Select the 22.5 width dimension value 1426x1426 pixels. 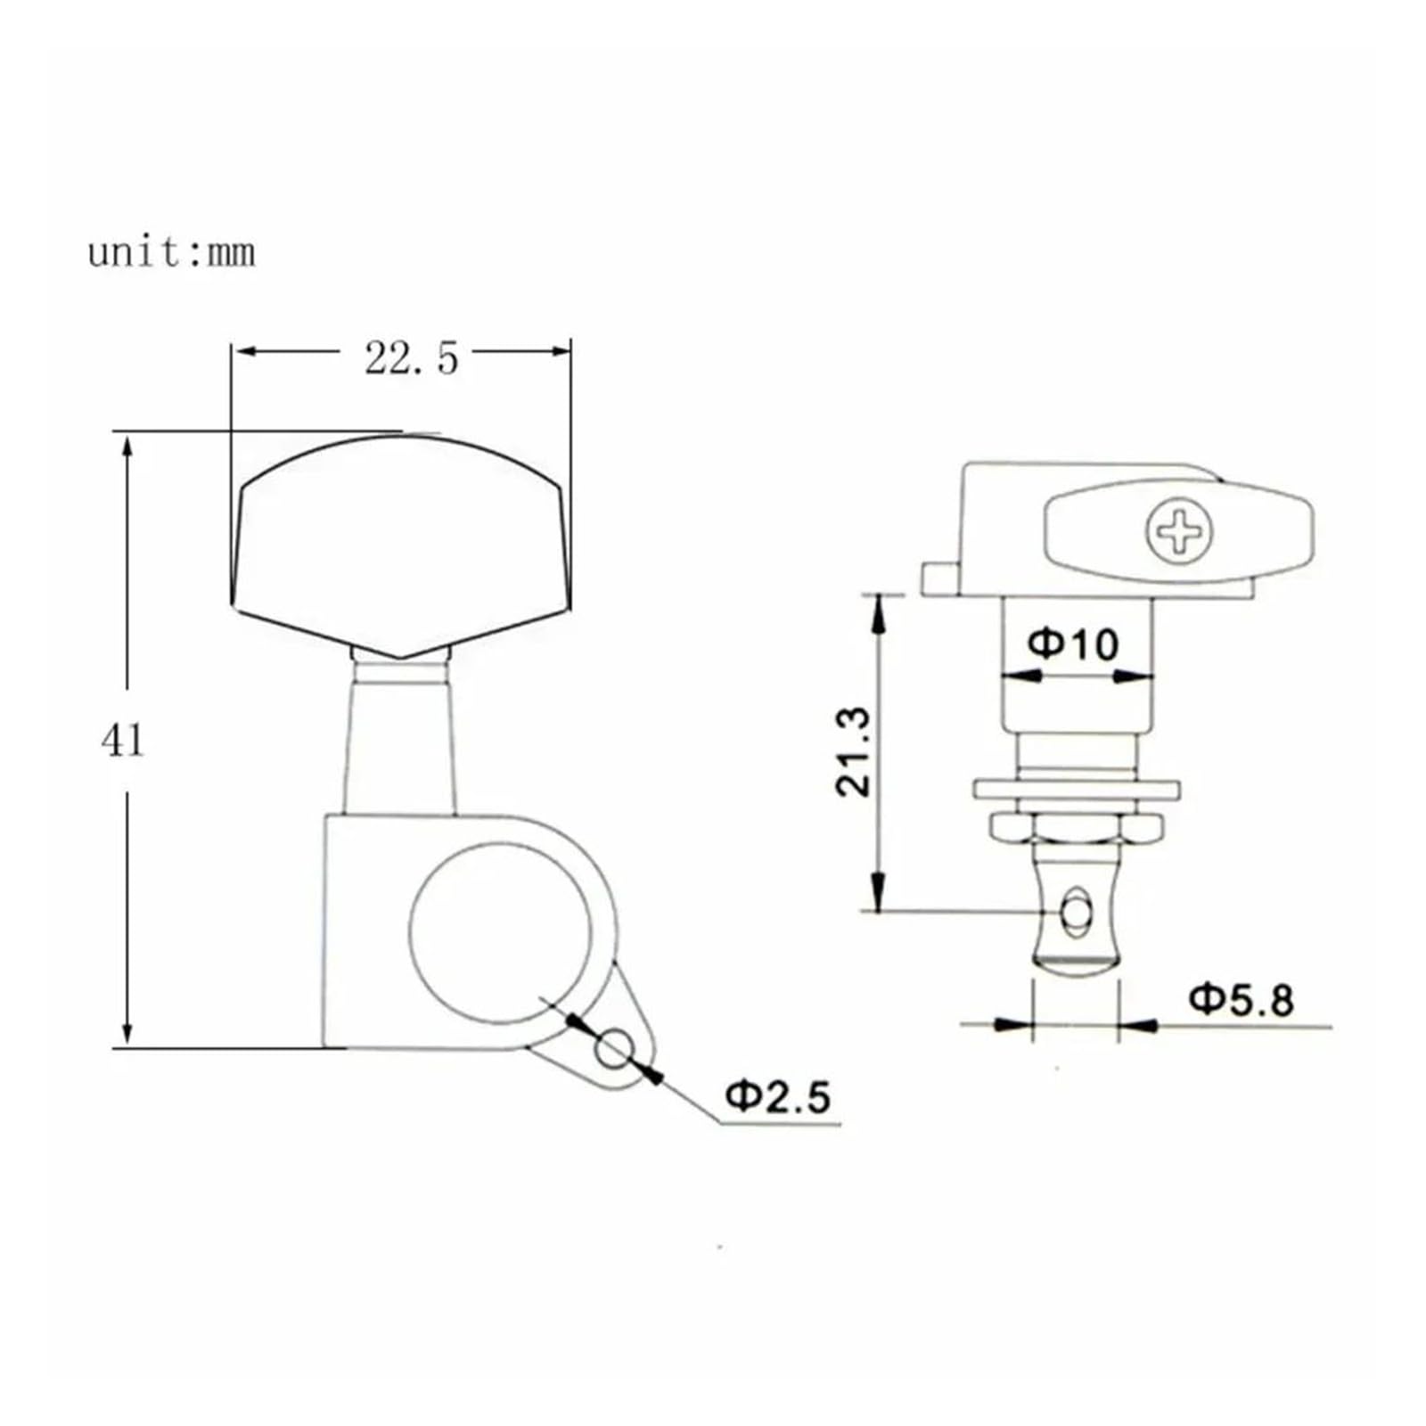tap(411, 358)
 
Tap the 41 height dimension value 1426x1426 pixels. tap(122, 741)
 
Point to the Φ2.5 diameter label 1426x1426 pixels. tap(778, 1095)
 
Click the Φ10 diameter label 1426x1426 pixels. tap(1073, 643)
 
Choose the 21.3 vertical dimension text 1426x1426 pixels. tap(853, 751)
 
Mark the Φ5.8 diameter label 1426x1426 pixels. tap(1242, 1000)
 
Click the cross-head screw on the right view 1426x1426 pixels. tap(1178, 532)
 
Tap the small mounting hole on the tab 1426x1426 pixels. tap(614, 1048)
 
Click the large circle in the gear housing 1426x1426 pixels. tap(501, 931)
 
